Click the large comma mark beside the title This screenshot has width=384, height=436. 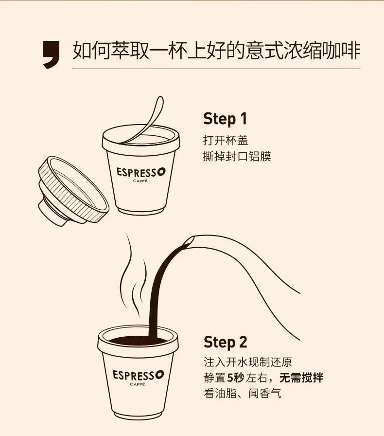coord(52,54)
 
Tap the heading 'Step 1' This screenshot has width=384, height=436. coord(225,119)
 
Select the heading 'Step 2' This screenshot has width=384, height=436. coord(226,342)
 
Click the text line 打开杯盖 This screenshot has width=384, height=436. coord(226,141)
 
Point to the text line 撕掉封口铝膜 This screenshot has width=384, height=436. coord(237,156)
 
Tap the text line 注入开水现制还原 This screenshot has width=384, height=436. coord(248,362)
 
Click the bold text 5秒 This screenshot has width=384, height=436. coord(236,378)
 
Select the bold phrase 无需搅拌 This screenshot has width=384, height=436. coord(301,378)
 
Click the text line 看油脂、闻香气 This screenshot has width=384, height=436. coord(243,394)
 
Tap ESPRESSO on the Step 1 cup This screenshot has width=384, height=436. coord(141,172)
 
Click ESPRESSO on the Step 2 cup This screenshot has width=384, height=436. coord(138,375)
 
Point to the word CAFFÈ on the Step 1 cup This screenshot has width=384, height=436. coord(140,181)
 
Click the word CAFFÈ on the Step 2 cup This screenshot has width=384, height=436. coord(138,384)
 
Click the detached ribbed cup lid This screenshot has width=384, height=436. coord(73,191)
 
